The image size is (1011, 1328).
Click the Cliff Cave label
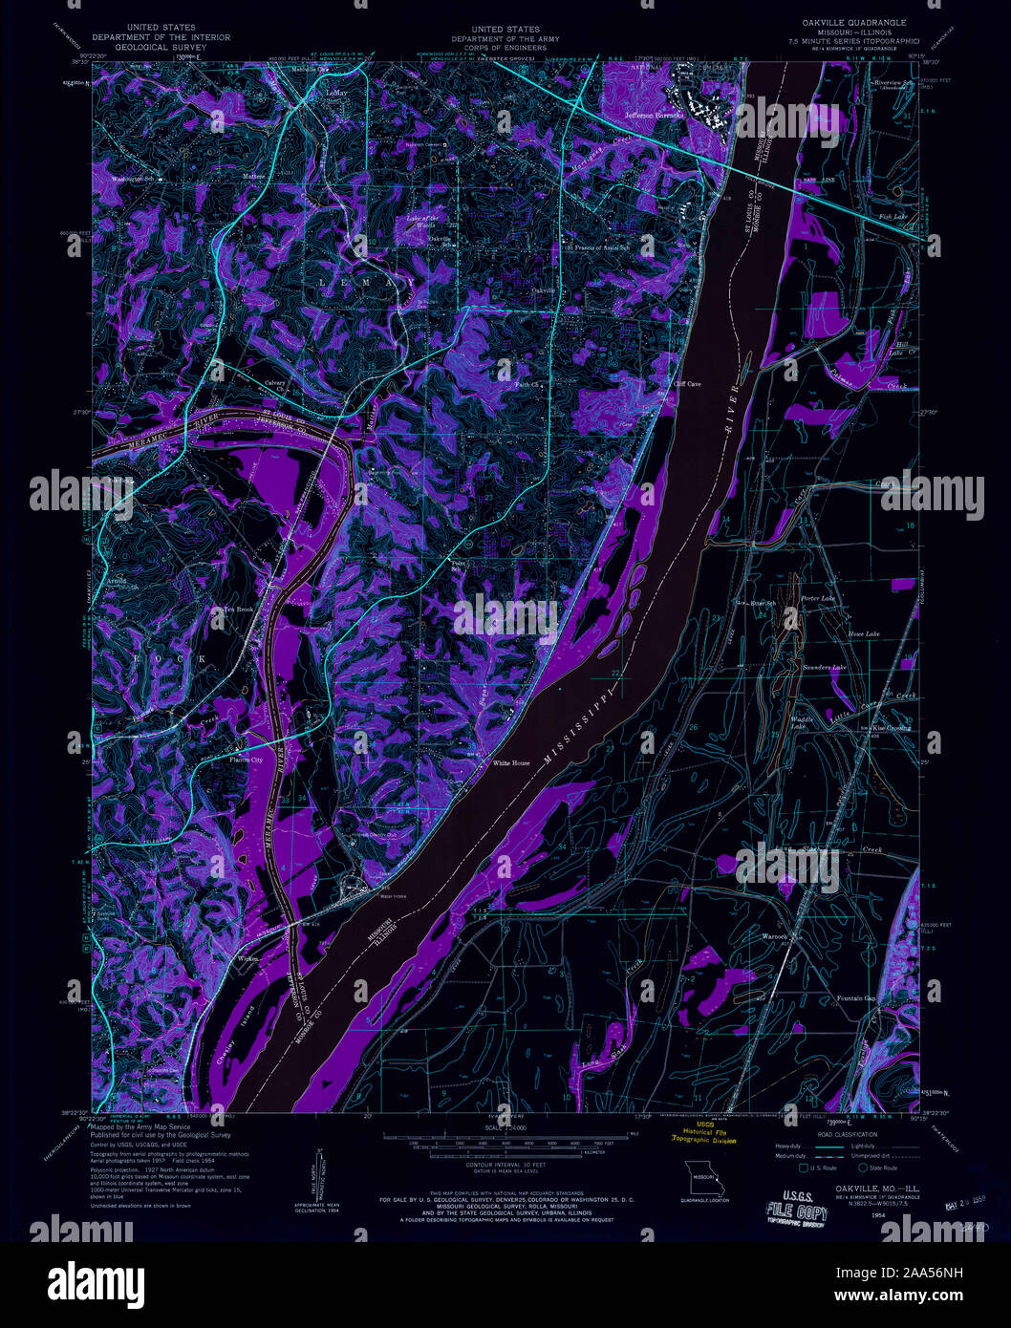(687, 384)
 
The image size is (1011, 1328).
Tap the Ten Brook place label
(238, 609)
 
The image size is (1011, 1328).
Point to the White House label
(510, 763)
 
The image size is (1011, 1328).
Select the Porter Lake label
(818, 599)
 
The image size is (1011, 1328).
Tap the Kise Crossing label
(892, 728)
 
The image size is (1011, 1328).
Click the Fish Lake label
(892, 217)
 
